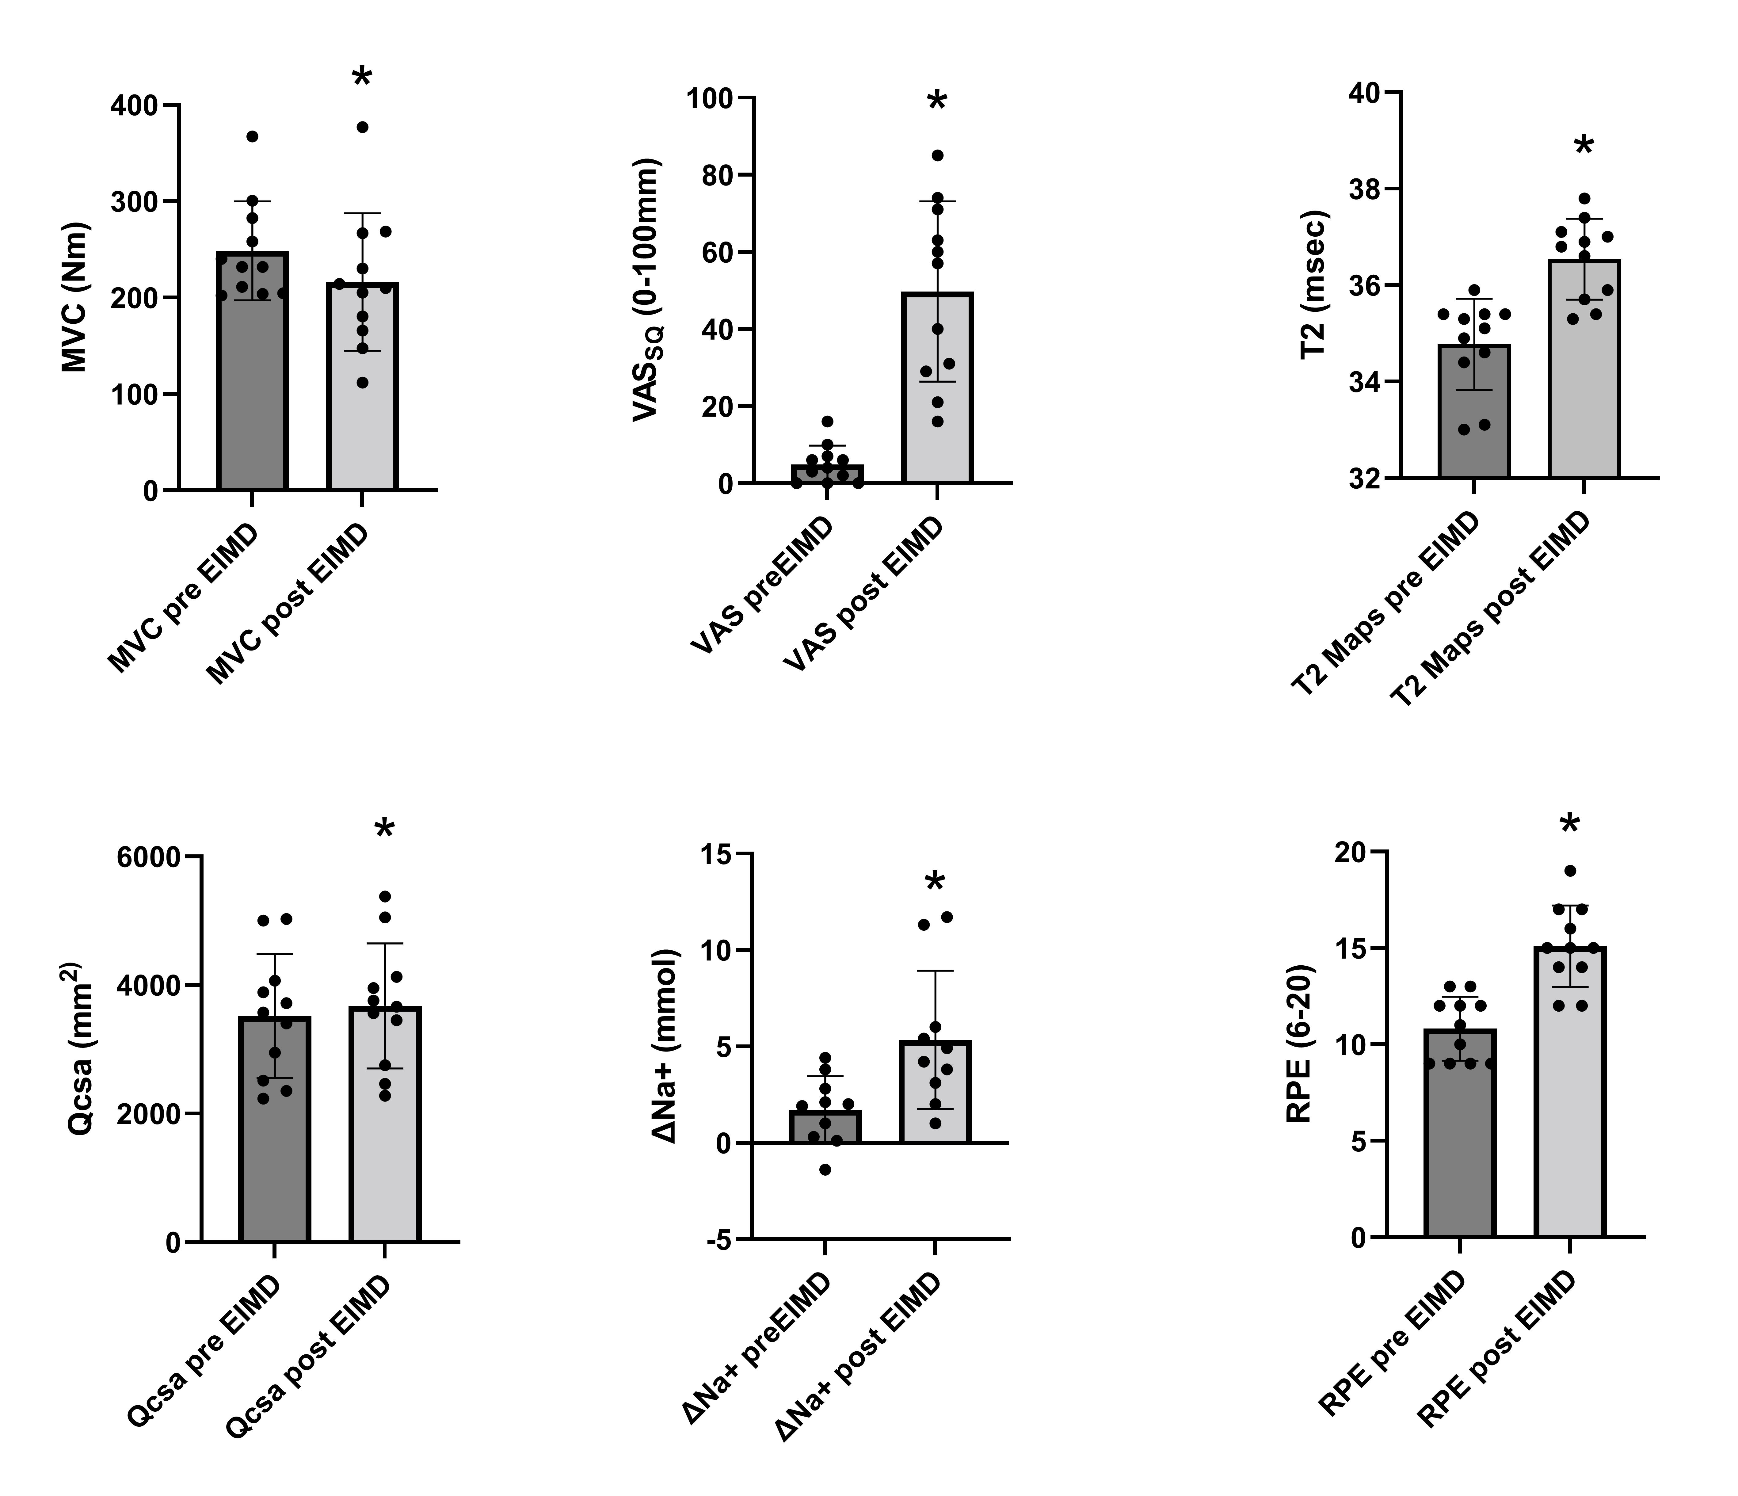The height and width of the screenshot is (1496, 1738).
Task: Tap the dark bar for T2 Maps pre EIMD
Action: [1474, 411]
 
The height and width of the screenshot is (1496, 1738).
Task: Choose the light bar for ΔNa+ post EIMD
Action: [935, 1092]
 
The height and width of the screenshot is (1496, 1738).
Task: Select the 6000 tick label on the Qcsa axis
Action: [149, 857]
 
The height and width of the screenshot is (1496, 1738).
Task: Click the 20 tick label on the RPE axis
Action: [1351, 853]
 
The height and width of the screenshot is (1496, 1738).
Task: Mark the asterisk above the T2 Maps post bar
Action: [1584, 145]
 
